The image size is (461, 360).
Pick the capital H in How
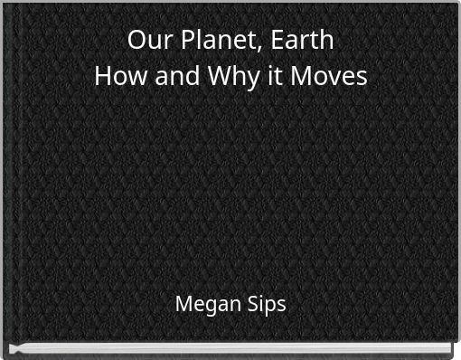coord(102,76)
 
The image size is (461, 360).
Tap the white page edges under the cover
coord(230,349)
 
